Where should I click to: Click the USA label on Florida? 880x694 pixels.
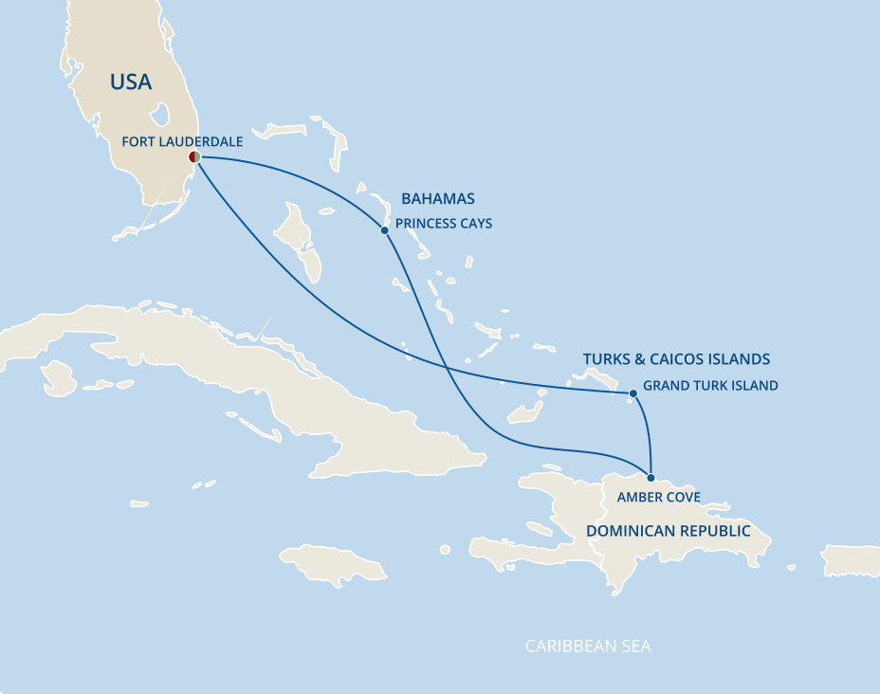(x=131, y=82)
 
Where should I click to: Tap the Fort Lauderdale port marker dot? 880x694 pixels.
(x=193, y=157)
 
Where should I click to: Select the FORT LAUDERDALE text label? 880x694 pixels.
(x=182, y=141)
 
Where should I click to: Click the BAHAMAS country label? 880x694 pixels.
(x=438, y=199)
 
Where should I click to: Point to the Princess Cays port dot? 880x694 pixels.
(x=384, y=230)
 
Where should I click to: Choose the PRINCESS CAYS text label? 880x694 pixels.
(x=444, y=225)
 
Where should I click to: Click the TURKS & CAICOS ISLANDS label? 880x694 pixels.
(x=676, y=359)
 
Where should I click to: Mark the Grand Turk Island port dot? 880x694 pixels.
(x=632, y=393)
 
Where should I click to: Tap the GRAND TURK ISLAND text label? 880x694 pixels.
(x=710, y=386)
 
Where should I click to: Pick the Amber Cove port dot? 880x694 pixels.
(x=651, y=476)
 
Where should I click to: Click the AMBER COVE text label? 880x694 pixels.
(x=659, y=497)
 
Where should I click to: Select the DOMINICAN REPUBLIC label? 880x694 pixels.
(x=668, y=531)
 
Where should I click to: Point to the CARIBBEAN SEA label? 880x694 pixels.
(x=588, y=647)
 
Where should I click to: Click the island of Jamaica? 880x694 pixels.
(x=334, y=563)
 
